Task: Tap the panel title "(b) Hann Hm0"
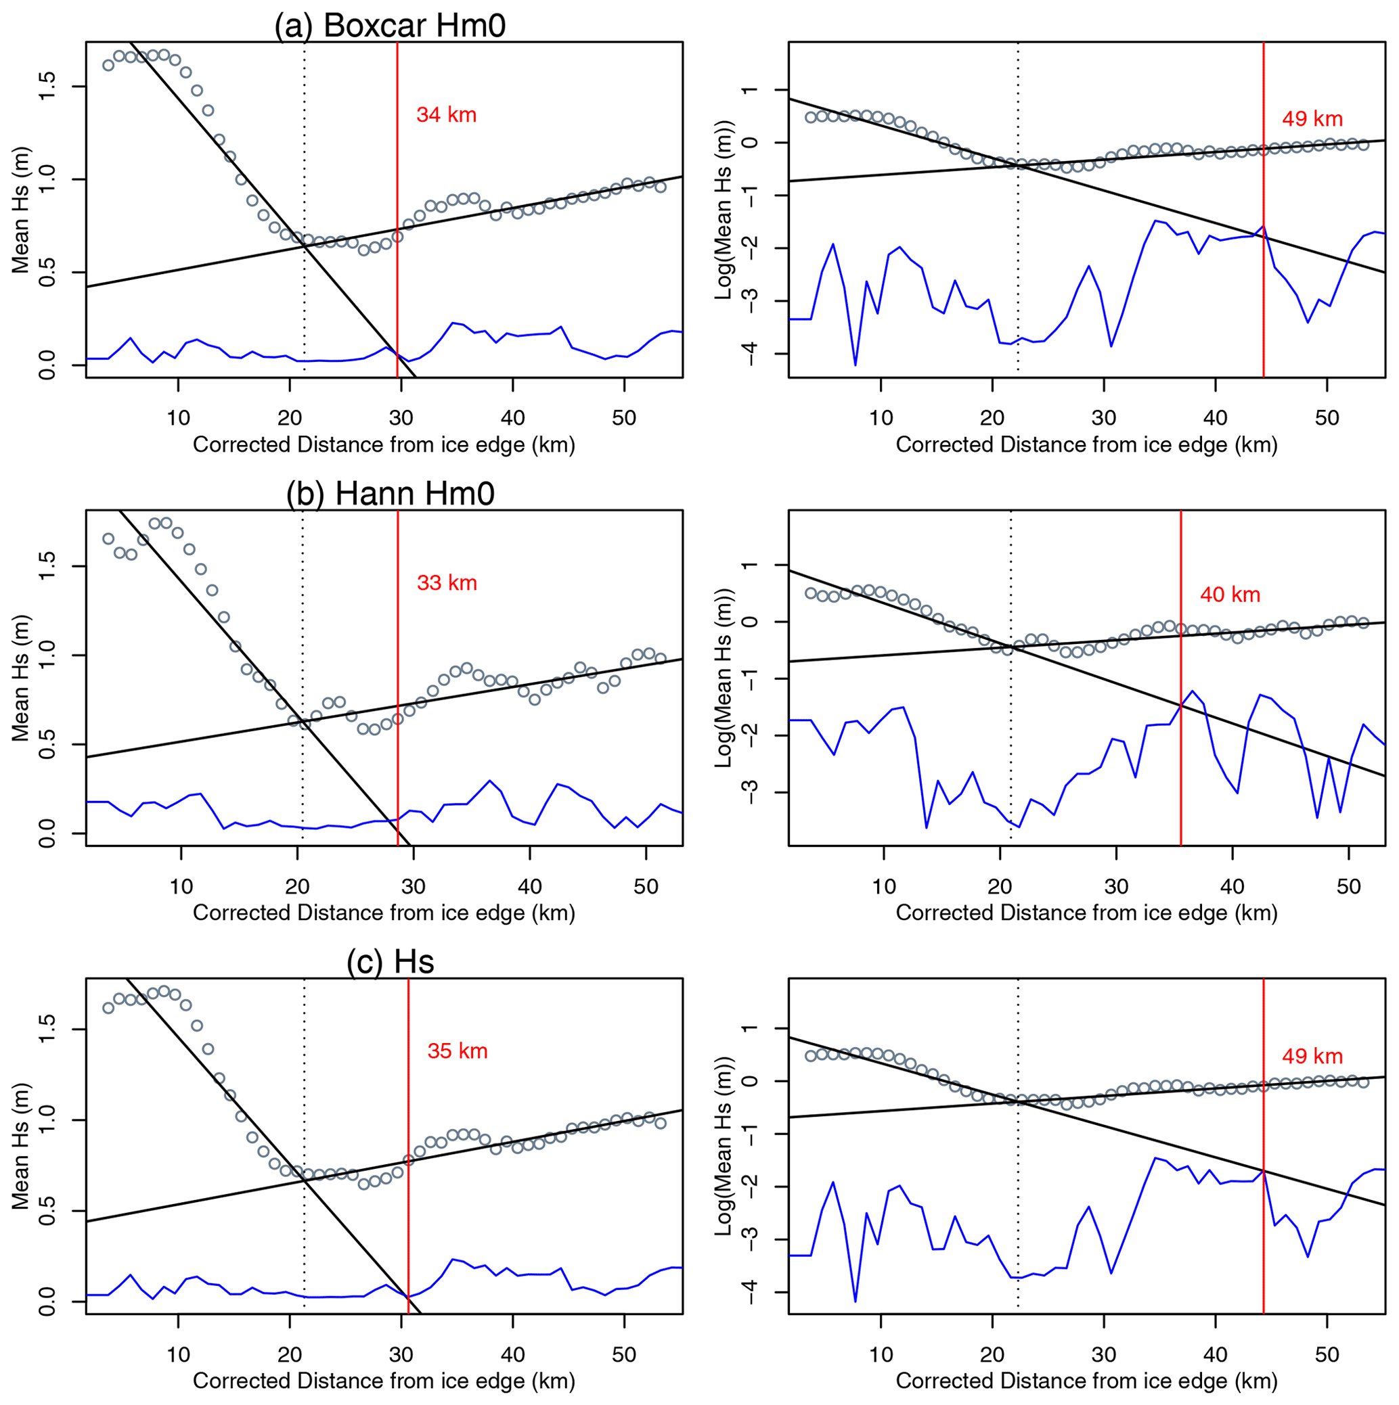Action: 390,494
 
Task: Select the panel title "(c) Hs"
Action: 390,961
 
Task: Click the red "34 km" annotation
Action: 446,115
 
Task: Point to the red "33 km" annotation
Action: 447,583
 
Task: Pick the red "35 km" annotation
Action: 458,1052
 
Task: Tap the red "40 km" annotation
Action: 1230,595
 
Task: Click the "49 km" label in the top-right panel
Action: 1312,119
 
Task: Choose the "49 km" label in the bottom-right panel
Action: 1312,1057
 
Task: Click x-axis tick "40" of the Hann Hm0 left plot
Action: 530,886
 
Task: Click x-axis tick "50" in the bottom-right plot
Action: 1327,1355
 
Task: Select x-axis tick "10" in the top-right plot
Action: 881,418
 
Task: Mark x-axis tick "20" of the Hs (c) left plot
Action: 290,1355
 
